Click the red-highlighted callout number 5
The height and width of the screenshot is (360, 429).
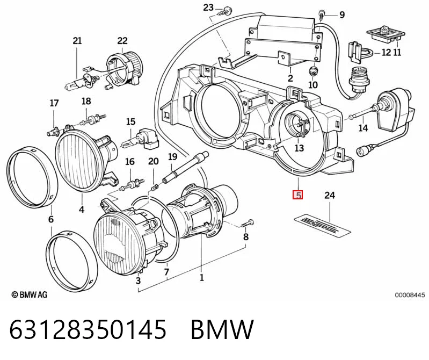297,195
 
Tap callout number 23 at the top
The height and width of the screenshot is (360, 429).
208,8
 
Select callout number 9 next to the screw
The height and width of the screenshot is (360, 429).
342,15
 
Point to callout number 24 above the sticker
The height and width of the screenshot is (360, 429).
330,195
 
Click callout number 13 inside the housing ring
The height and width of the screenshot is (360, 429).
299,148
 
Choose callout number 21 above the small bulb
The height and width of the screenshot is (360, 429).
77,41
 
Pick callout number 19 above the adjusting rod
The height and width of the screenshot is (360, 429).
172,157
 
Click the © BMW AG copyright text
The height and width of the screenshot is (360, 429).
30,294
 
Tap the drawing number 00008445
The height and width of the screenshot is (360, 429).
410,295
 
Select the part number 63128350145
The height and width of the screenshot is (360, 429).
88,329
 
